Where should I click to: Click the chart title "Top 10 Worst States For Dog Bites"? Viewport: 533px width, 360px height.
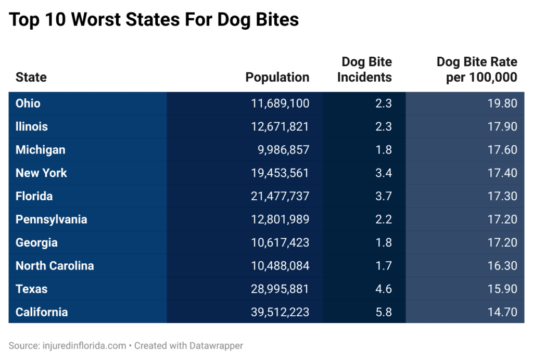(154, 20)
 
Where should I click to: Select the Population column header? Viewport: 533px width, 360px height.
(277, 78)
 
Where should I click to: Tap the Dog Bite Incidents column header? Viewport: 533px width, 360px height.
(364, 70)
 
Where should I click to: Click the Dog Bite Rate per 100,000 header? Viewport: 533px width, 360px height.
(477, 70)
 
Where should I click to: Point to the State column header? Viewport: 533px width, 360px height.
(31, 78)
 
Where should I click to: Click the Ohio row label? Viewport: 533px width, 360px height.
(28, 104)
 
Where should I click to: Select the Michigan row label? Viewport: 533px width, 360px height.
(41, 150)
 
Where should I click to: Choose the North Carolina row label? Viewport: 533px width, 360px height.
(55, 266)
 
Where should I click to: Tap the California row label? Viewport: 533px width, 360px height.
(42, 312)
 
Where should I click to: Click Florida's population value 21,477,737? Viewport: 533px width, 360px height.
(280, 196)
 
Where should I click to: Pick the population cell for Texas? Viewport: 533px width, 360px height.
(280, 289)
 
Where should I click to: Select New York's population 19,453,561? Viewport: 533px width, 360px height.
(280, 173)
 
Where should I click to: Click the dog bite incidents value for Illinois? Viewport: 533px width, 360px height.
(383, 126)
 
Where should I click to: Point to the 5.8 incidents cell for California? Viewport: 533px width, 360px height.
(383, 312)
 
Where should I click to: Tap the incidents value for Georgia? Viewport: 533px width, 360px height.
(383, 242)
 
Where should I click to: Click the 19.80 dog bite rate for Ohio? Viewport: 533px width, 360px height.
(502, 104)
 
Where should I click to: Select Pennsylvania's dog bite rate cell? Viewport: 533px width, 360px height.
(502, 220)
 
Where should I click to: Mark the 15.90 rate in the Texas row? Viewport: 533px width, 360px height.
(502, 289)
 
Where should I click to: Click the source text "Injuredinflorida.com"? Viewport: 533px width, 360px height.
(83, 345)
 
